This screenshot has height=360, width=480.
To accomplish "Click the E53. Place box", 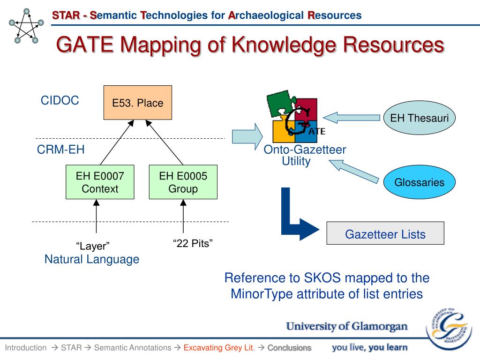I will coord(137,103).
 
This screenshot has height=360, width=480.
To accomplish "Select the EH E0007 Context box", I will coord(100,182).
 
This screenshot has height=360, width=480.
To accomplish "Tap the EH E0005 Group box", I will coord(183,182).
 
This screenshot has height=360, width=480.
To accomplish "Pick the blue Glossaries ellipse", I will coord(419,182).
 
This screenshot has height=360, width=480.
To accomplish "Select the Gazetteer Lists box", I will coord(385,234).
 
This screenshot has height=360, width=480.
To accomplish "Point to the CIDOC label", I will coord(60,100).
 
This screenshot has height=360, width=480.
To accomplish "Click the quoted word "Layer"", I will coord(93,246).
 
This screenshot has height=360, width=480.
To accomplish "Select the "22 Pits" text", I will coord(193,243).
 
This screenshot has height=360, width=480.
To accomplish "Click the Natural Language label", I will coord(92,259).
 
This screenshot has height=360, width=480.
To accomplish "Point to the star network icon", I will coord(27,26).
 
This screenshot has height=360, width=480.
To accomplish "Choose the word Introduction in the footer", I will coord(26,348).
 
